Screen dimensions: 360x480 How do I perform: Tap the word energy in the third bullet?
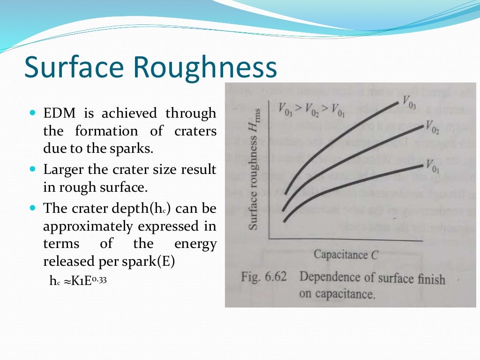pyautogui.click(x=195, y=244)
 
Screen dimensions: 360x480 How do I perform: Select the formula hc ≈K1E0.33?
pyautogui.click(x=75, y=281)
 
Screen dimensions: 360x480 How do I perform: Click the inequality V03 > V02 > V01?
pyautogui.click(x=311, y=110)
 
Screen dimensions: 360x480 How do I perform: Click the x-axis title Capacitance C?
pyautogui.click(x=345, y=255)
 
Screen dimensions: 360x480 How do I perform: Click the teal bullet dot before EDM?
pyautogui.click(x=32, y=113)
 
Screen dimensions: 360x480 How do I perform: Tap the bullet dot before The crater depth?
pyautogui.click(x=32, y=207)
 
